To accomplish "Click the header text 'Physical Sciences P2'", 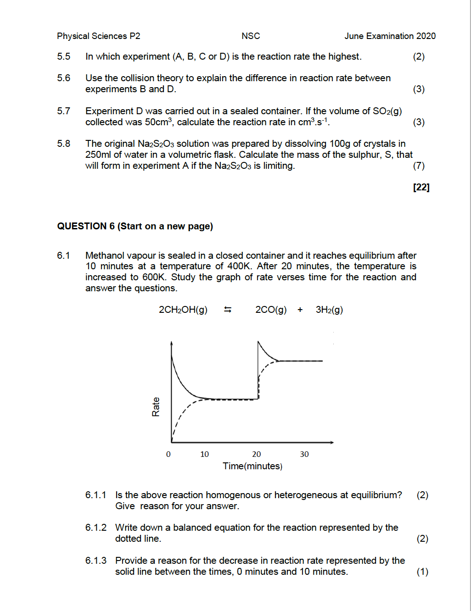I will (98, 36).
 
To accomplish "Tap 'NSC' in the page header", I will (251, 36).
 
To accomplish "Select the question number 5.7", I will (63, 111).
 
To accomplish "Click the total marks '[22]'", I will (421, 187).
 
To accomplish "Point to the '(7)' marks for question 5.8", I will (419, 166).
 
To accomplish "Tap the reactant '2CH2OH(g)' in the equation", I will (183, 310).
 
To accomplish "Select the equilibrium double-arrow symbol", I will (228, 310).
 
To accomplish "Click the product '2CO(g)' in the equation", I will (271, 310).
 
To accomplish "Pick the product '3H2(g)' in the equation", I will (329, 310).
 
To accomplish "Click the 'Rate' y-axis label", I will (156, 407).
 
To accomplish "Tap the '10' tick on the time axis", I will (204, 454).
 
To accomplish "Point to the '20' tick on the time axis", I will (256, 454).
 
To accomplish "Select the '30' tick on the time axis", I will (304, 454).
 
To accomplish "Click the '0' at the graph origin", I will (168, 454).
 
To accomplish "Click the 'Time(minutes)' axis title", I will (252, 466).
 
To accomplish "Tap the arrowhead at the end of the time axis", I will (331, 442).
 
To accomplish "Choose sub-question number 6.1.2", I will (95, 528).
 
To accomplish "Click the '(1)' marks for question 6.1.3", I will (422, 572).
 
